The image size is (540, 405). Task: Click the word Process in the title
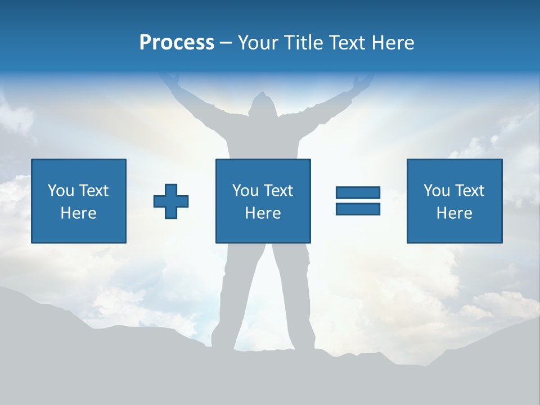click(177, 43)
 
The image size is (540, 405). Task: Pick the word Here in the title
click(393, 43)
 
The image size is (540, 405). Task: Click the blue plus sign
click(171, 201)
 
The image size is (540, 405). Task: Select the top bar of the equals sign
click(358, 193)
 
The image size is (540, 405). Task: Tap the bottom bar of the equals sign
click(358, 209)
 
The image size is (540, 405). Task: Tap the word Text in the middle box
click(278, 191)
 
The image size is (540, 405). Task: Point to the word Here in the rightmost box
click(454, 213)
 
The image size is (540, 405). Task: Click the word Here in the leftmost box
click(79, 213)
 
